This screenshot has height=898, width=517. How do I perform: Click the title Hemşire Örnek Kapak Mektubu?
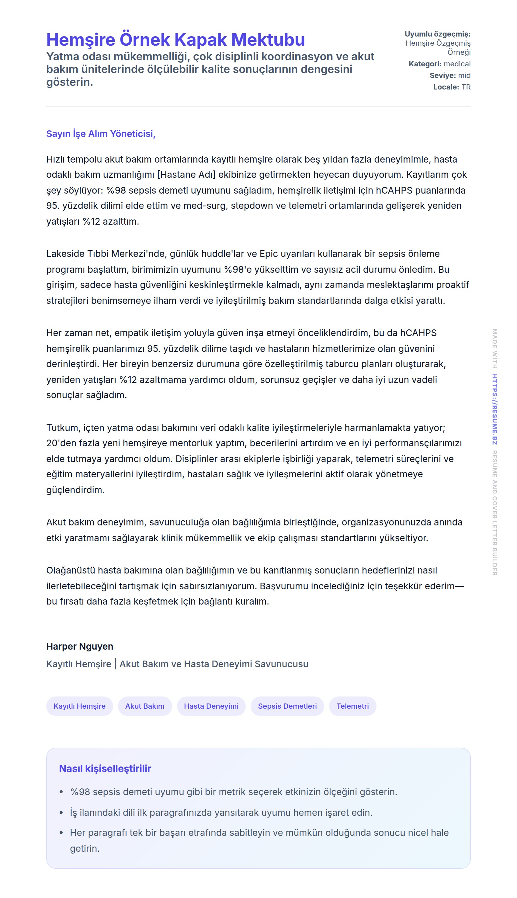coord(175,40)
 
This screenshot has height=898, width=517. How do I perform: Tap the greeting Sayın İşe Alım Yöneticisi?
coord(100,134)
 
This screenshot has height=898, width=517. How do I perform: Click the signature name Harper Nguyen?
coord(80,646)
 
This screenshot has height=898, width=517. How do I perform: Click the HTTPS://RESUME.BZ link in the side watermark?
coord(494,409)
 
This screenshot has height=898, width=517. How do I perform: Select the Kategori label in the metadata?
coord(425,64)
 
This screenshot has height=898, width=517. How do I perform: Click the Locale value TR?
coord(466,87)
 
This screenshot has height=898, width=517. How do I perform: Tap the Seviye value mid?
coord(464,75)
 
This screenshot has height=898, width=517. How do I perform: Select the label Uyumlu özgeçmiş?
coord(437,34)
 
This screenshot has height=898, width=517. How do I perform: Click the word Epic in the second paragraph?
coord(269,254)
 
